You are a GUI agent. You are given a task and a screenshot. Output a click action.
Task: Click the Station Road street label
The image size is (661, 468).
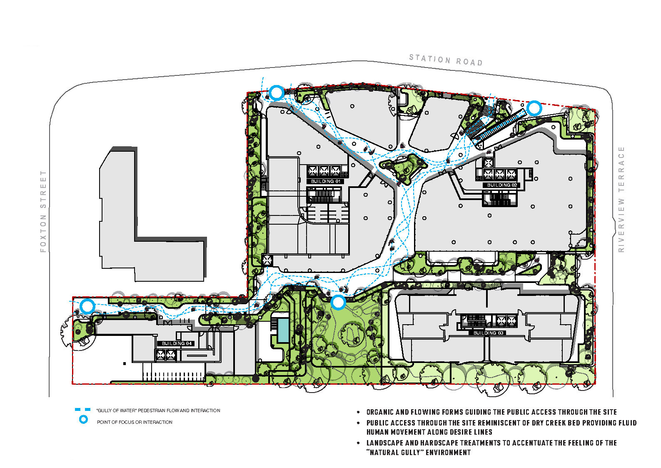pos(446,60)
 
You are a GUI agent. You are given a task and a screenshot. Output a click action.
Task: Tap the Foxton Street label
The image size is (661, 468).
pos(43,211)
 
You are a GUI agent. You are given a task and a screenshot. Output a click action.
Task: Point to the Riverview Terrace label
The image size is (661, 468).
pos(621,199)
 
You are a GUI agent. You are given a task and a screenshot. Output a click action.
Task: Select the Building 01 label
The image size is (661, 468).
pos(325,181)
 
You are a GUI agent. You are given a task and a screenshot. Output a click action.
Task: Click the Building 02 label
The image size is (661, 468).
pos(502,185)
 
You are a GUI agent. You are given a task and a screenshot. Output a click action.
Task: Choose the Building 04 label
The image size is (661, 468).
pos(177,343)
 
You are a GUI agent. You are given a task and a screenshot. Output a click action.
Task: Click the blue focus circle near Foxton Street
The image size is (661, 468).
pos(87,306)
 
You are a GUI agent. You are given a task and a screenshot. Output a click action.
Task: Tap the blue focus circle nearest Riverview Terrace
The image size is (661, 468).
pos(534,108)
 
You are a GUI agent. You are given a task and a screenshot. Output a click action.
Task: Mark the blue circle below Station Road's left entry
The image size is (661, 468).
pos(277,93)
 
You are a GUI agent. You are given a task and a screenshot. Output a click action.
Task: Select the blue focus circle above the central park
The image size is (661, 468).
pos(338,303)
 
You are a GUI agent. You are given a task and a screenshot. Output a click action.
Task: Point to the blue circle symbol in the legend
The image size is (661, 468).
pos(84,420)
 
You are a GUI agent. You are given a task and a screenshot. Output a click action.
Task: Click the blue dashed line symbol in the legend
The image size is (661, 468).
pos(82,410)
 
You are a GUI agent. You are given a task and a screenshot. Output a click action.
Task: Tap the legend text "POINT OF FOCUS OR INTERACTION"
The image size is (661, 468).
pos(135,422)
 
